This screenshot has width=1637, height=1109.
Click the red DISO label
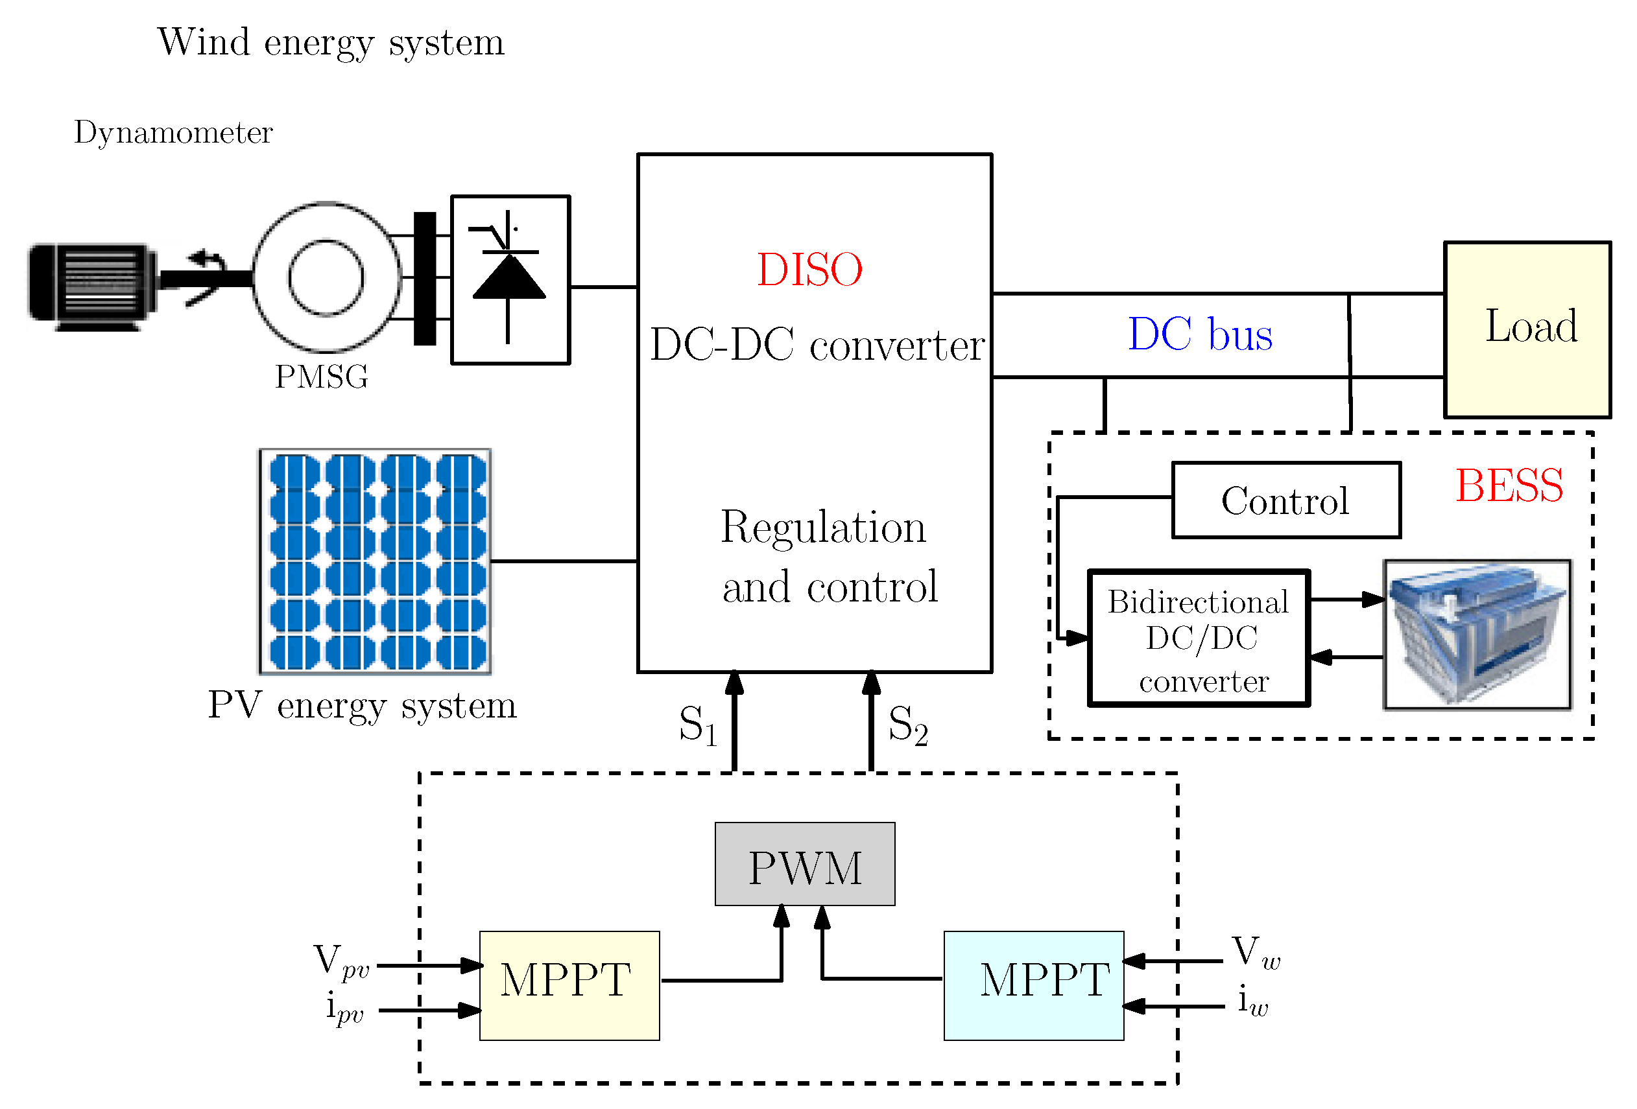809,270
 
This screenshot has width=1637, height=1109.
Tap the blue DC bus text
1200,334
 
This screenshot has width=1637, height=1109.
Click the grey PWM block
804,864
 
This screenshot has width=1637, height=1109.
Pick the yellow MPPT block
569,985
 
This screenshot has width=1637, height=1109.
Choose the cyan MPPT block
1033,985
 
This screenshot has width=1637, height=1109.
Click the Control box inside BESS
1285,500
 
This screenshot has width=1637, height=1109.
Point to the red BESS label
1509,486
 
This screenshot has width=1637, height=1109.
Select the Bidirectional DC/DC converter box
1198,638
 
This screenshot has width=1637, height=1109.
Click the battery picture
1477,635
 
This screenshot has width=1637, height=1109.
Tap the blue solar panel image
376,561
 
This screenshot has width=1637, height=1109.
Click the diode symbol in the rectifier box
508,277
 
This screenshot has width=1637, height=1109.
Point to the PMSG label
321,377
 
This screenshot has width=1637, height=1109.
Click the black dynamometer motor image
91,286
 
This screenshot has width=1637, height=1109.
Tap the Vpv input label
341,961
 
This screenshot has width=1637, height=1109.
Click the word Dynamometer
173,132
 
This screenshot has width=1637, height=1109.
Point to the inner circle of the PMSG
326,277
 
